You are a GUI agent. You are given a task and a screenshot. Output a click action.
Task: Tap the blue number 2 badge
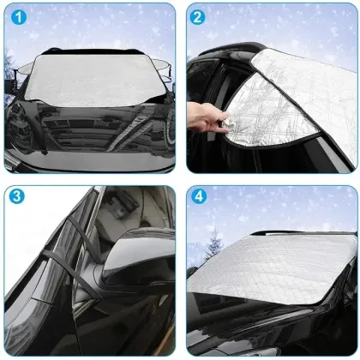click(x=198, y=16)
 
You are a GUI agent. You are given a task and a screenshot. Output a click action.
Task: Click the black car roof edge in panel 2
click(x=223, y=53)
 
